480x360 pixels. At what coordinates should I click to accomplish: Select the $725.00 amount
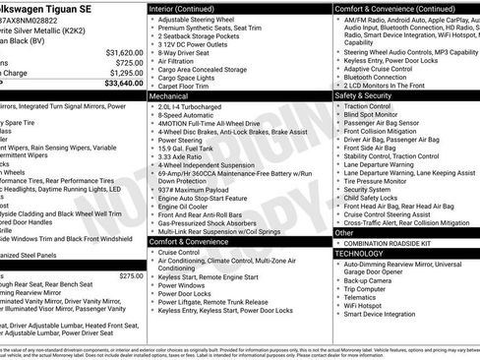pyautogui.click(x=130, y=63)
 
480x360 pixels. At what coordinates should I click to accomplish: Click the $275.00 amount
pyautogui.click(x=131, y=276)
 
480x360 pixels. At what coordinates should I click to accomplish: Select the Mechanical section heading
pyautogui.click(x=168, y=96)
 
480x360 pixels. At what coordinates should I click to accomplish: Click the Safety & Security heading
pyautogui.click(x=364, y=96)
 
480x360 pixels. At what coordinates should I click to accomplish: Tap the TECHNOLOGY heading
pyautogui.click(x=359, y=253)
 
